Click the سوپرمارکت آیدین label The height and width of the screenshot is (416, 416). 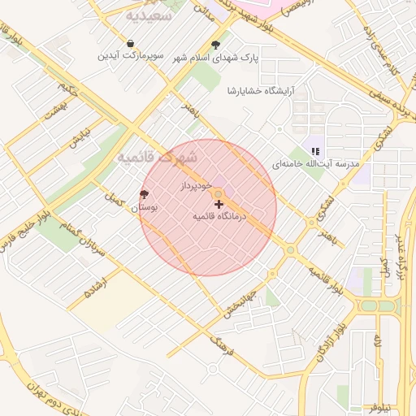pos(131,56)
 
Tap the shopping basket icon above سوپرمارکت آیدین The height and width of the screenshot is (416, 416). pos(131,43)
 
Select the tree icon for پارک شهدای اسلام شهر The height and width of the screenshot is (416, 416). pos(215,45)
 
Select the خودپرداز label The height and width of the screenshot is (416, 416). pos(197,188)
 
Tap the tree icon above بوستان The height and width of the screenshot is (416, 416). pos(145,194)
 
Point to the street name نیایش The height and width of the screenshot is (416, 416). pos(77,137)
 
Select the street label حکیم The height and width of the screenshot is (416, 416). pos(69,87)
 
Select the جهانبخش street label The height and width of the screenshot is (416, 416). pos(242,303)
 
